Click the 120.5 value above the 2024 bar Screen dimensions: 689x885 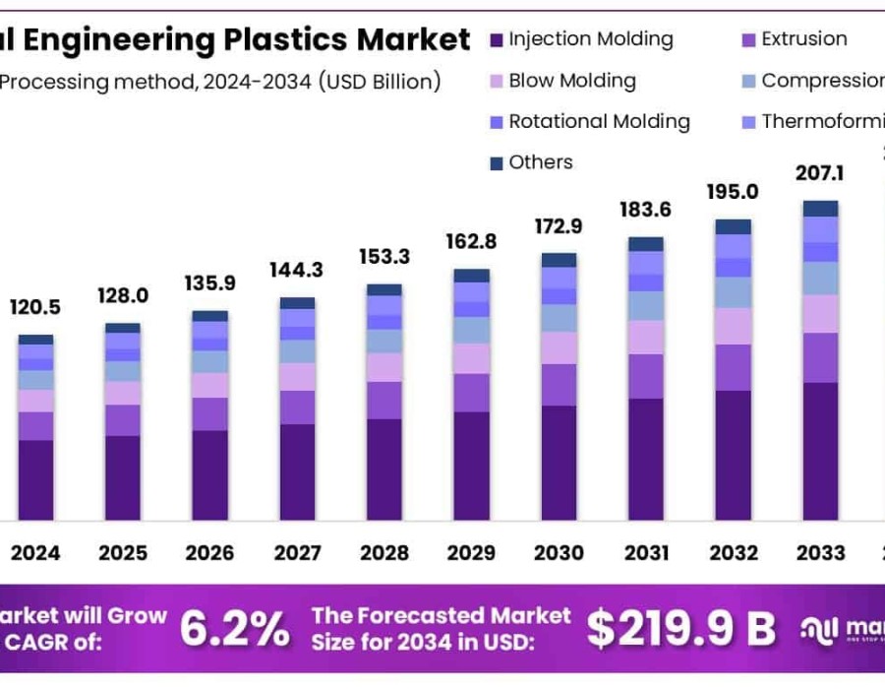[x=35, y=307]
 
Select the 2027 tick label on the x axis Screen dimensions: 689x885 [x=297, y=553]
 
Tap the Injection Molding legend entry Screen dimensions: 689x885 [x=590, y=39]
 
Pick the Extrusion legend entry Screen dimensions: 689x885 [x=803, y=39]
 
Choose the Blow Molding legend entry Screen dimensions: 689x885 [x=571, y=81]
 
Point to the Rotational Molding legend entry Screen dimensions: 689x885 [x=599, y=121]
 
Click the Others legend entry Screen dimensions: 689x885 [x=540, y=162]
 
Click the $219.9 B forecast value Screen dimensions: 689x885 [x=681, y=627]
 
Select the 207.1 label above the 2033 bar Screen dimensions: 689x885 [x=820, y=174]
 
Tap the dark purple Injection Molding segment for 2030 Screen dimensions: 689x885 [x=559, y=463]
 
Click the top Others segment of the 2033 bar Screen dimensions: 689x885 [x=820, y=208]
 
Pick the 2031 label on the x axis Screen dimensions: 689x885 [x=645, y=553]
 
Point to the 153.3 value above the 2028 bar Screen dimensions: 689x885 [x=383, y=257]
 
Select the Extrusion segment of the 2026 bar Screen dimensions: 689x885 [x=209, y=413]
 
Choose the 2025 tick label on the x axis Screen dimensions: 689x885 [x=123, y=553]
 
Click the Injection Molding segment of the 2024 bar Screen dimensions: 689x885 [x=35, y=480]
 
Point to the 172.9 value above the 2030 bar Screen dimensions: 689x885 [x=559, y=226]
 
